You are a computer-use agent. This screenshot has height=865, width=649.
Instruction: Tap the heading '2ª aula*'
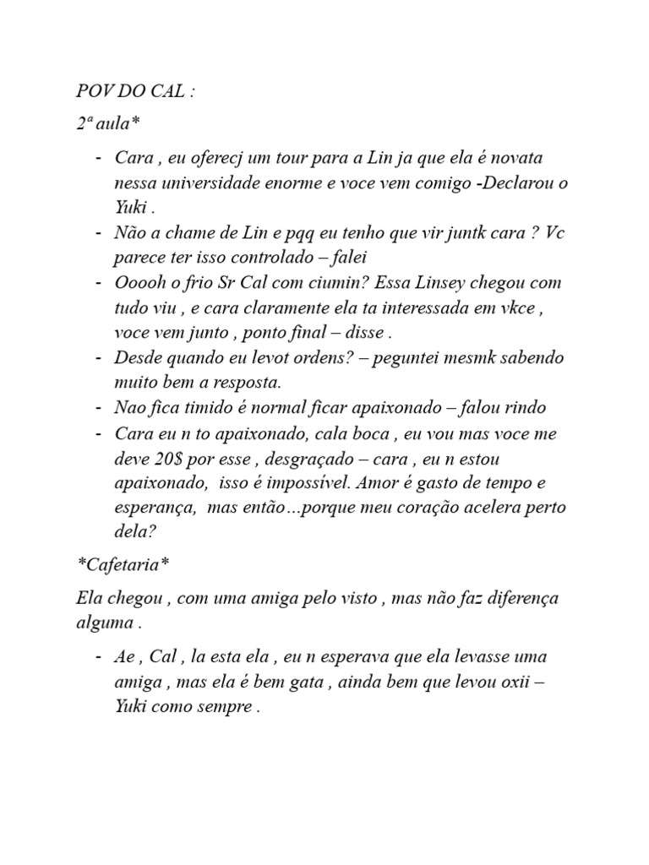tap(106, 124)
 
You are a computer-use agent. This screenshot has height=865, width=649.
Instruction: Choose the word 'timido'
tap(209, 408)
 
